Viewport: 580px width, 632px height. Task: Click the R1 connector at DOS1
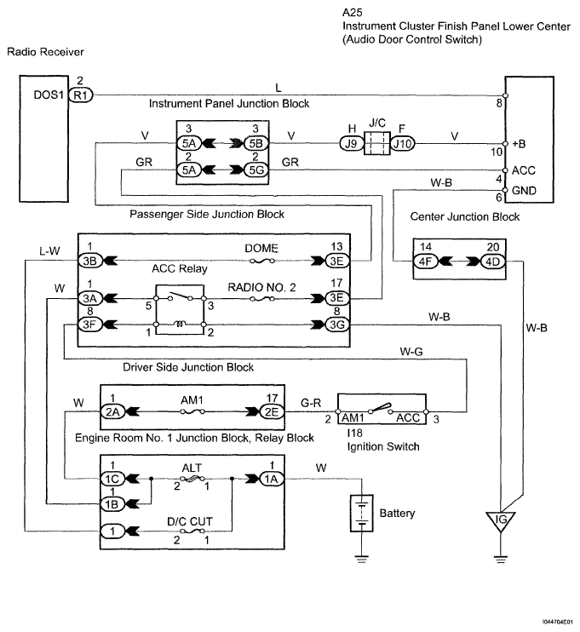(x=81, y=95)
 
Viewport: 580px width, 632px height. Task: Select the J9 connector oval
(x=352, y=143)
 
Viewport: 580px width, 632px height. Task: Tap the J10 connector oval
(x=403, y=143)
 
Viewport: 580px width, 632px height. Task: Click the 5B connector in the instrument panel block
(x=256, y=143)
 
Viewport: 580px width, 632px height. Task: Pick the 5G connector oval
(x=256, y=169)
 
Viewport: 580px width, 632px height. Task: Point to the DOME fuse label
(x=261, y=249)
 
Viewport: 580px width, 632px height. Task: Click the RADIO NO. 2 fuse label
(x=261, y=287)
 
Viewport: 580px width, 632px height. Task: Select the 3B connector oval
(x=90, y=261)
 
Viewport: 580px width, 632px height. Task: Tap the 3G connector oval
(x=337, y=325)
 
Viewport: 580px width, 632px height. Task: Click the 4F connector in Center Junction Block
(x=425, y=261)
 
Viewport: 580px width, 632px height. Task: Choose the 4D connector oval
(x=492, y=261)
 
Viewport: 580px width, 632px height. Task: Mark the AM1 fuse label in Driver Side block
(x=192, y=400)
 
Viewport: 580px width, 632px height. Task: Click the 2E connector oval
(x=272, y=411)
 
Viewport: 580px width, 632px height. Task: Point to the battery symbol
(x=362, y=513)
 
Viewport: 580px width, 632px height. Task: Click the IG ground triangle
(x=501, y=520)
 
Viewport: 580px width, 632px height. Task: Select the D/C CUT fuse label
(x=189, y=521)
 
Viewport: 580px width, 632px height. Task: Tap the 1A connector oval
(x=271, y=479)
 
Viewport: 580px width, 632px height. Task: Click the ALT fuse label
(x=192, y=468)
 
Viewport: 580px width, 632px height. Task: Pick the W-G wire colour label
(x=411, y=352)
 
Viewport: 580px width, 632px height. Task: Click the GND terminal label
(x=524, y=190)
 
